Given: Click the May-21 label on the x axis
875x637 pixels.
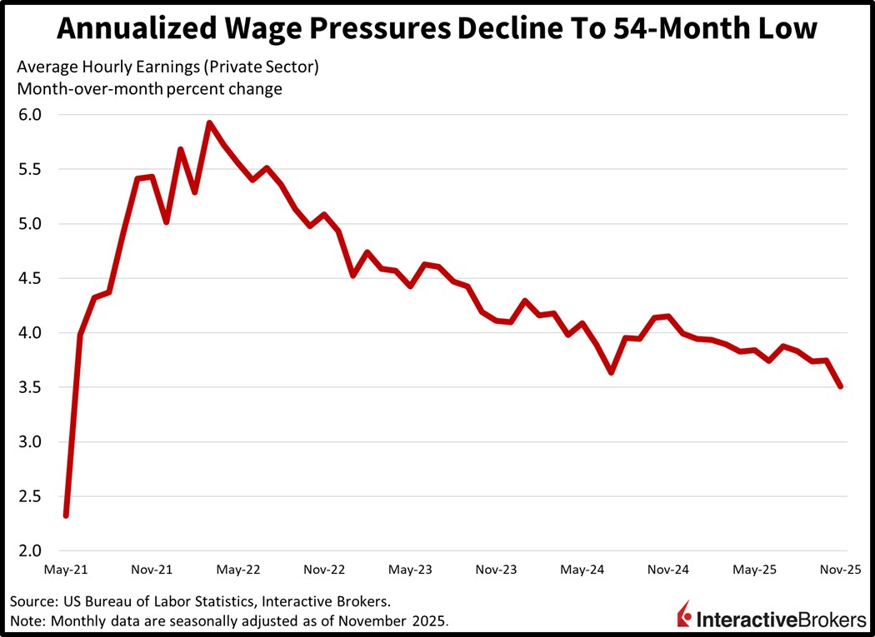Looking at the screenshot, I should click(66, 570).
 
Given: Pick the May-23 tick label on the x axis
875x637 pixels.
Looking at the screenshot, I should click(410, 570).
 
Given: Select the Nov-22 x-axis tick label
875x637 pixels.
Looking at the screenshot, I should click(324, 570).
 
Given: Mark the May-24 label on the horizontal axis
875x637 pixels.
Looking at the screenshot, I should click(582, 570).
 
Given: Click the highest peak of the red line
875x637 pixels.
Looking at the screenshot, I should click(209, 123).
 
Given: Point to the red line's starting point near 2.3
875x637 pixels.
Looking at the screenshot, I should click(66, 515).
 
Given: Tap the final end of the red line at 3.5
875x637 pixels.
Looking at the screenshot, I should click(841, 386).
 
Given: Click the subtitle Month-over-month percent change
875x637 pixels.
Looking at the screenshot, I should click(149, 89).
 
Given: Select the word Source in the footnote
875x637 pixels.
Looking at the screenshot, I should click(32, 600).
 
